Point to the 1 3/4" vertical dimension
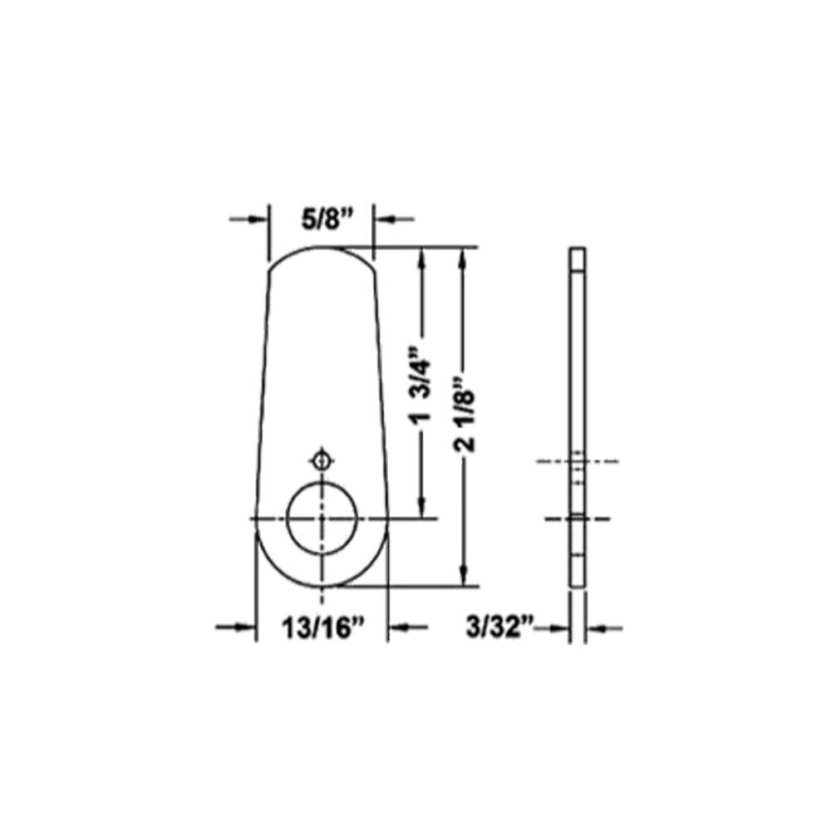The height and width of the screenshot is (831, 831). [x=424, y=384]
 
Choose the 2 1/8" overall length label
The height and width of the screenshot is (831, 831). [x=467, y=413]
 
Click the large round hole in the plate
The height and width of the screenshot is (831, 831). [x=322, y=516]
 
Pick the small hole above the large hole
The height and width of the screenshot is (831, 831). [x=322, y=459]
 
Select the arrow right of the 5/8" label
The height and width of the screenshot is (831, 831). [x=394, y=219]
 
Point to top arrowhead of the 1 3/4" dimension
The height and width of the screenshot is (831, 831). [x=424, y=257]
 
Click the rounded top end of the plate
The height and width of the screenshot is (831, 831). [x=321, y=253]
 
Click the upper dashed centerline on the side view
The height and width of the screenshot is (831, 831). [x=578, y=460]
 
